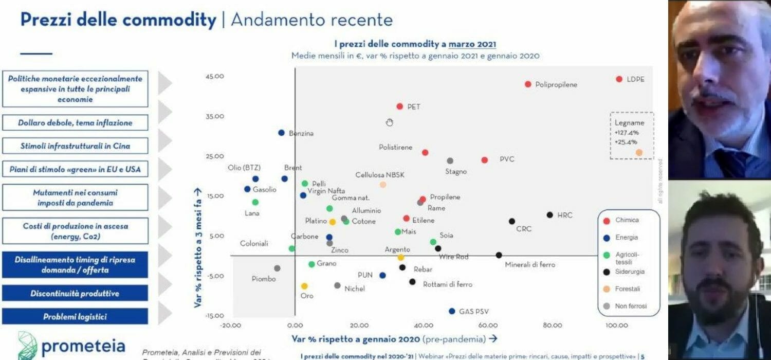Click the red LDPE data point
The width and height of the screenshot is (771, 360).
(x=619, y=79)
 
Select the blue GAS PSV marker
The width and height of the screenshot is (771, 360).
(x=452, y=311)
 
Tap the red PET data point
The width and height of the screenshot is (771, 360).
(x=399, y=106)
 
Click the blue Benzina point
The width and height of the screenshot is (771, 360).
(x=281, y=133)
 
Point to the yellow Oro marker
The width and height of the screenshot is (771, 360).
(x=304, y=286)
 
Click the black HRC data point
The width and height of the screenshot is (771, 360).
(x=549, y=215)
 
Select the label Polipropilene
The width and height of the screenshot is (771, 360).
(x=556, y=84)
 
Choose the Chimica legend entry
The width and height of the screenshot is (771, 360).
(x=627, y=220)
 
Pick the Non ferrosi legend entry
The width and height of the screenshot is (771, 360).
(x=630, y=306)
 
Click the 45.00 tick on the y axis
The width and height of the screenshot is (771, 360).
(x=215, y=77)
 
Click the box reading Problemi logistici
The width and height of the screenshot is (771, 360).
(x=75, y=317)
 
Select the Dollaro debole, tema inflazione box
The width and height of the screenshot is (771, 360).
(x=75, y=123)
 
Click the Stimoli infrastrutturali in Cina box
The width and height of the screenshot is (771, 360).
(x=75, y=146)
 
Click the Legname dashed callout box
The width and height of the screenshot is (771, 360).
(x=631, y=135)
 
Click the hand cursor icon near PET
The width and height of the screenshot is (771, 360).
(x=390, y=122)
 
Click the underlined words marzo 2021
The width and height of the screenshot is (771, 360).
(x=472, y=45)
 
